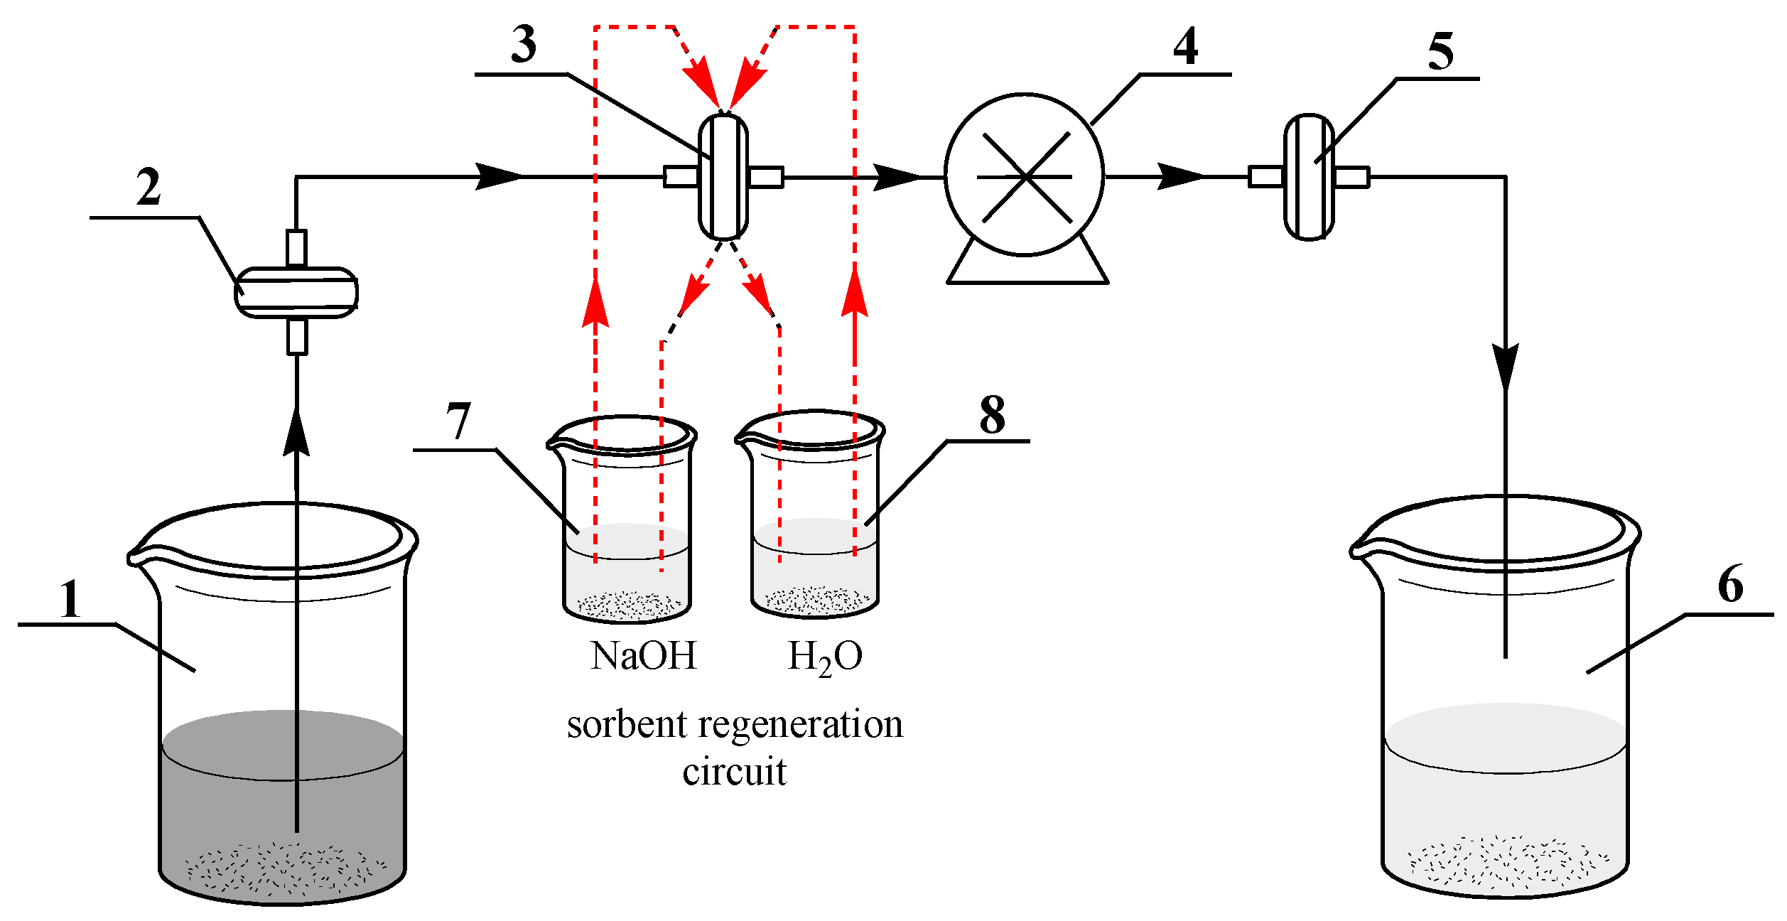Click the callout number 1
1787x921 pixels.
click(70, 600)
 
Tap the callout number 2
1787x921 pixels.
click(149, 188)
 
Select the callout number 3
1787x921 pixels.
click(524, 45)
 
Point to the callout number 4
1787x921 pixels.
click(1185, 47)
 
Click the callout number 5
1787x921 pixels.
click(1440, 52)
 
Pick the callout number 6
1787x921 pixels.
click(1731, 584)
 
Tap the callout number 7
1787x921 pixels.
click(458, 421)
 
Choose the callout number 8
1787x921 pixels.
click(993, 415)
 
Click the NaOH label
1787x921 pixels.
click(643, 656)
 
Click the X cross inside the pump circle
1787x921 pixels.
click(1025, 176)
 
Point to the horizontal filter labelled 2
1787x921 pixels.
click(296, 292)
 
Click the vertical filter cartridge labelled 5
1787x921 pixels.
click(1309, 177)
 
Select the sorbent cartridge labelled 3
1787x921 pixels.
click(723, 177)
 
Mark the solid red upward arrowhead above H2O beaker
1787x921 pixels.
click(854, 291)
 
